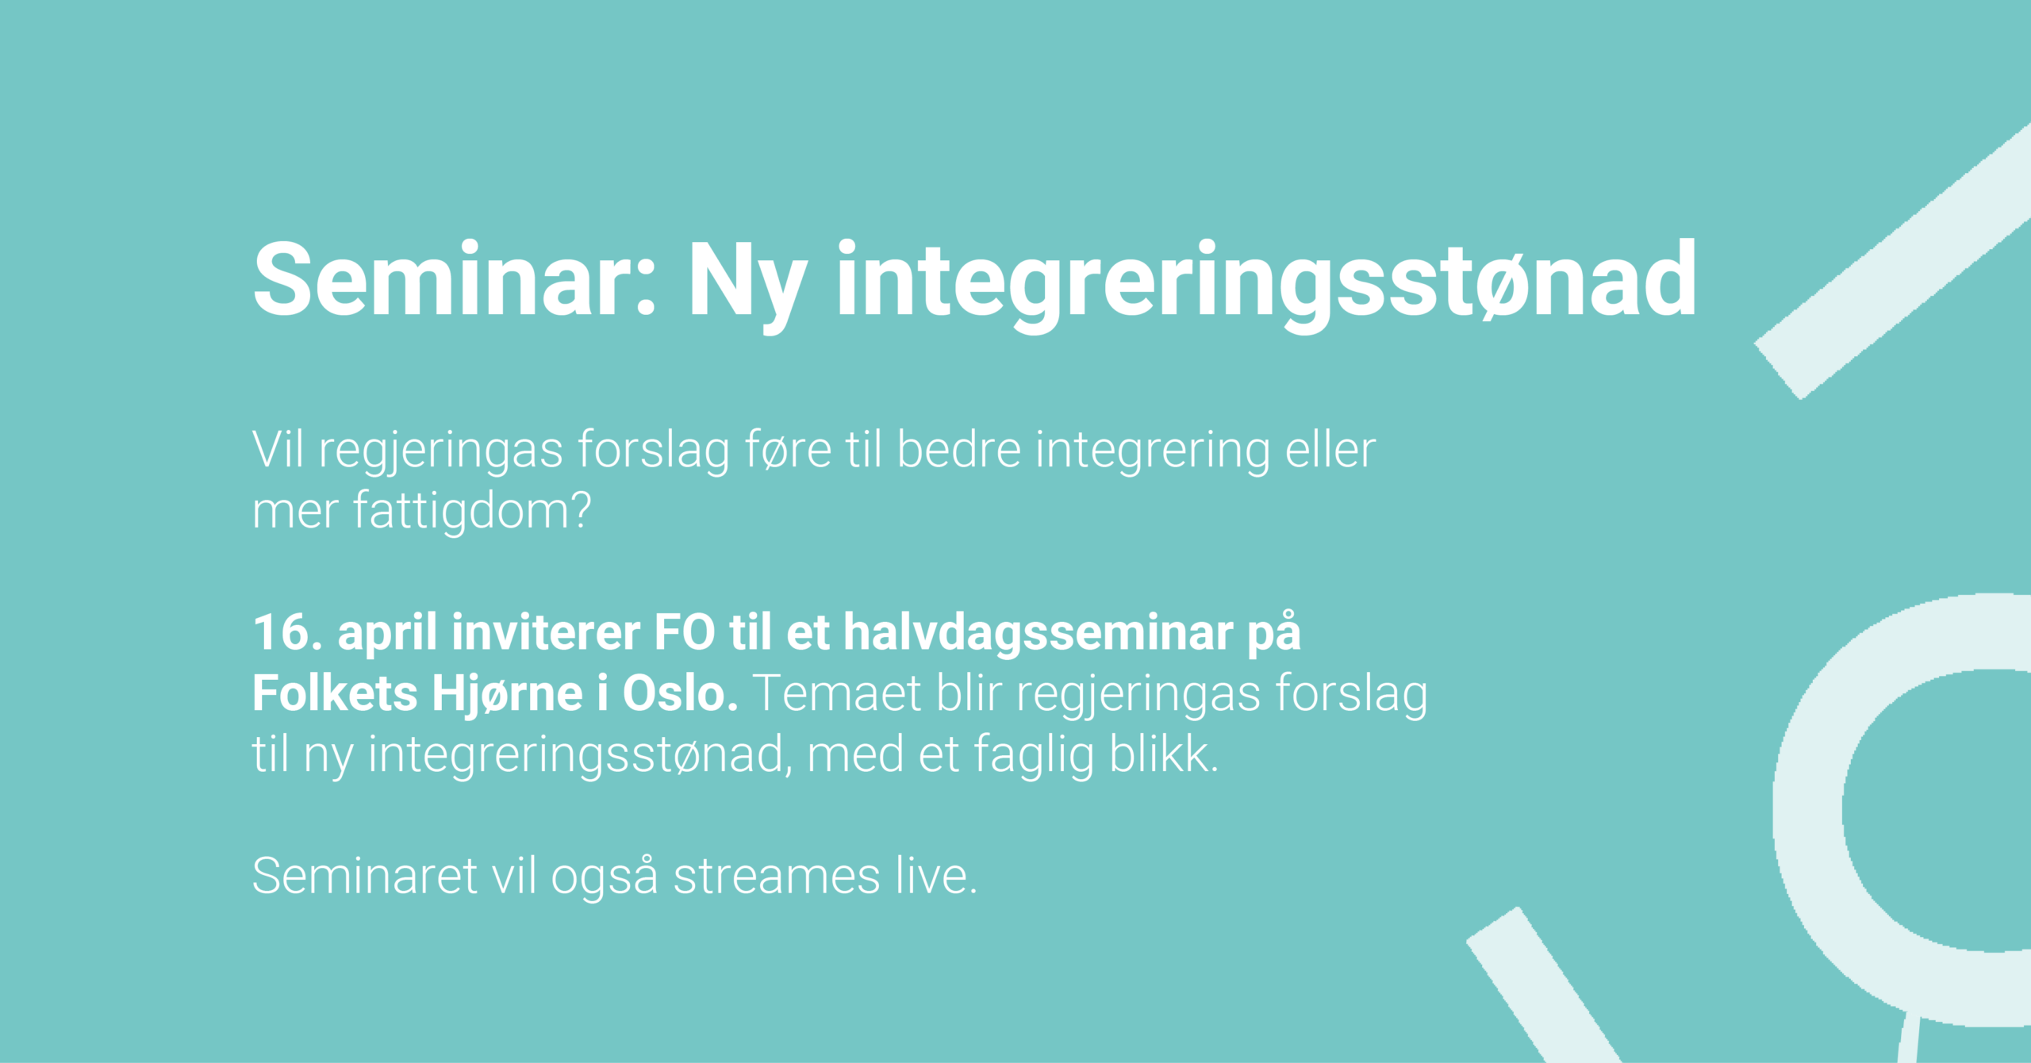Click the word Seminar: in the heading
(455, 279)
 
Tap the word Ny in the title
(748, 286)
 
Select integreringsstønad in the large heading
(1266, 286)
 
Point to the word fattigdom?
(472, 510)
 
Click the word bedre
(958, 450)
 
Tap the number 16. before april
(288, 632)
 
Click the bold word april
(388, 635)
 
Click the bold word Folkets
(335, 693)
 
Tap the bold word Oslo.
(681, 693)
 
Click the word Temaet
(837, 693)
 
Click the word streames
(777, 876)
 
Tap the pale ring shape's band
(1810, 809)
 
